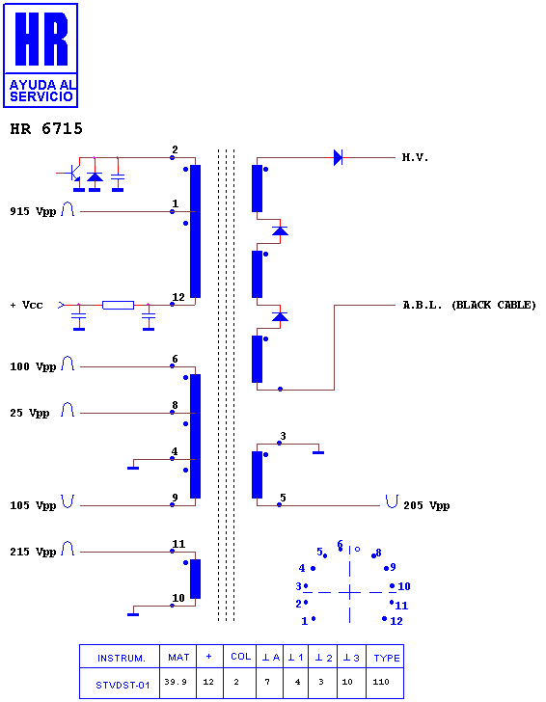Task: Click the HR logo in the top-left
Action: point(41,56)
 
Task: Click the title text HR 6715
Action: point(46,129)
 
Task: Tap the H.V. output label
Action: point(415,157)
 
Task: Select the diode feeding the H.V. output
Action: point(339,157)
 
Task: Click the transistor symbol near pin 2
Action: point(71,173)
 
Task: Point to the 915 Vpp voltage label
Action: point(33,211)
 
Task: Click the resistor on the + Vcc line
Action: point(119,306)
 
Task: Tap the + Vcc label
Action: point(26,306)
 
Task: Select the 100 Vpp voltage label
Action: point(33,366)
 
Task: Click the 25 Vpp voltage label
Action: point(30,413)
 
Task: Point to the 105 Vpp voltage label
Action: point(33,505)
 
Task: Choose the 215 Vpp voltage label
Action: point(33,552)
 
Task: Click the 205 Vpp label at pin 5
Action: point(426,505)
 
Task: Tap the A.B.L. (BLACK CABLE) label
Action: point(469,306)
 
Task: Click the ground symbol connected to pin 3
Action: point(318,452)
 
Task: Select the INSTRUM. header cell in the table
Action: point(122,658)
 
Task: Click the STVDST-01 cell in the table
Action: point(123,685)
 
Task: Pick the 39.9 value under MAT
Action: point(176,682)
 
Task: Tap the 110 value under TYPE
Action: point(381,682)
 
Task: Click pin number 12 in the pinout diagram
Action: point(396,621)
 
